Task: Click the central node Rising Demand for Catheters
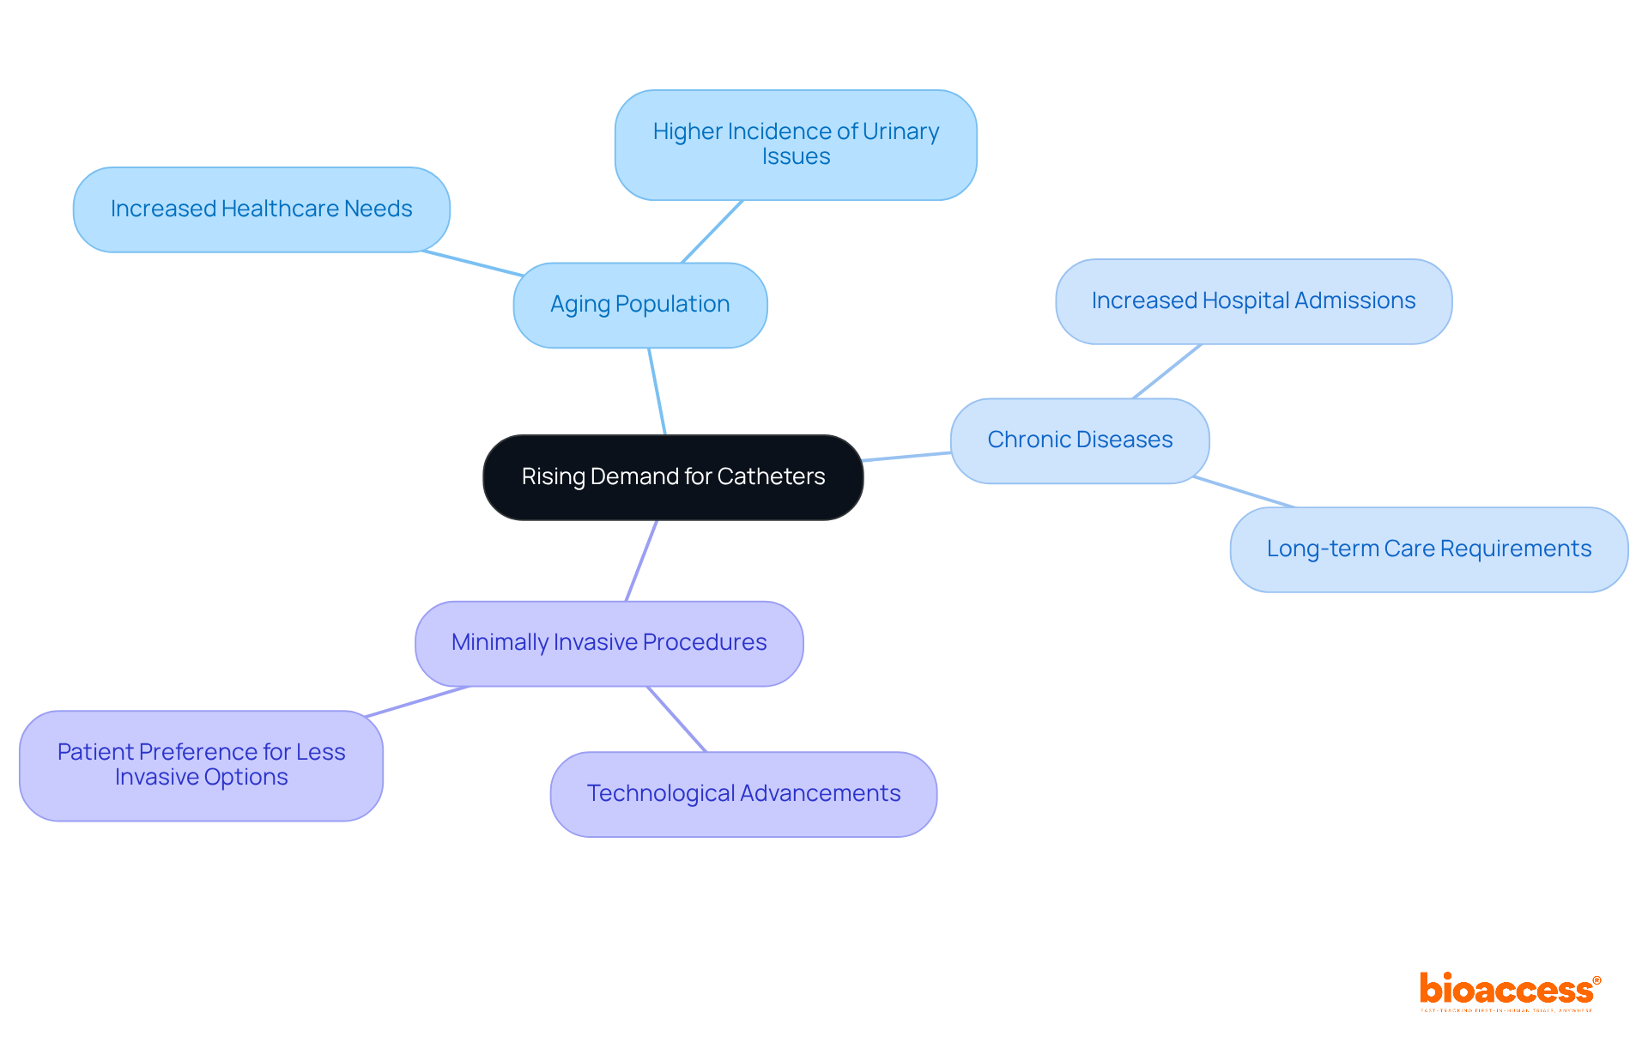[673, 477]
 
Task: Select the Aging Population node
[639, 305]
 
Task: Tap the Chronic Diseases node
[1080, 440]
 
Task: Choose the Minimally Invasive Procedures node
[609, 643]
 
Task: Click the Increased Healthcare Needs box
[261, 209]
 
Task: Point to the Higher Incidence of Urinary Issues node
[796, 144]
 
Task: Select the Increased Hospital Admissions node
[1253, 301]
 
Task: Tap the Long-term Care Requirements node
[1428, 549]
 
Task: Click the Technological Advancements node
[743, 794]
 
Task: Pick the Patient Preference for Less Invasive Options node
[201, 765]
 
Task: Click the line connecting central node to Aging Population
[657, 391]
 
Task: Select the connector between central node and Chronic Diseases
[907, 457]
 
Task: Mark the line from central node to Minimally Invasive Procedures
[642, 561]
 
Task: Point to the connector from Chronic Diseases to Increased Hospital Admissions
[1167, 371]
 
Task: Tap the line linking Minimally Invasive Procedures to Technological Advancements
[676, 719]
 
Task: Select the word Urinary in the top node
[900, 131]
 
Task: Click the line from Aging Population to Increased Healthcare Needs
[473, 264]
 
